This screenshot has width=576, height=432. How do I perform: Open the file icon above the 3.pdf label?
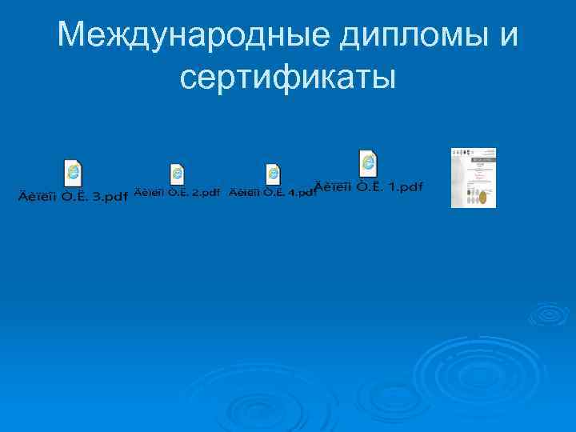click(x=73, y=173)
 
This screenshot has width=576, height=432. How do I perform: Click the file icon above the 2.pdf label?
click(x=177, y=174)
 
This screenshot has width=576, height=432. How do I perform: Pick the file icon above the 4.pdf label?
click(x=273, y=174)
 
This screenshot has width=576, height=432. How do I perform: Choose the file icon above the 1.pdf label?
click(x=368, y=162)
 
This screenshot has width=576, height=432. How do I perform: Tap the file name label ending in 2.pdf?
click(x=177, y=193)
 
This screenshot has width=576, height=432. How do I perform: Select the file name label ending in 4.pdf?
click(x=273, y=193)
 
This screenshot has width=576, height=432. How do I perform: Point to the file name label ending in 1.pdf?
click(x=369, y=186)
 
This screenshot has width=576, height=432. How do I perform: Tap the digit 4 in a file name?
click(x=294, y=193)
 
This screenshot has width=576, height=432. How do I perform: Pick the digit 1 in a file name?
click(x=392, y=186)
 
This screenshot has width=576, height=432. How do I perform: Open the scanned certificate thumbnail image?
click(x=474, y=178)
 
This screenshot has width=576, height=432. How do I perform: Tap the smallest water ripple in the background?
click(x=550, y=314)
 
